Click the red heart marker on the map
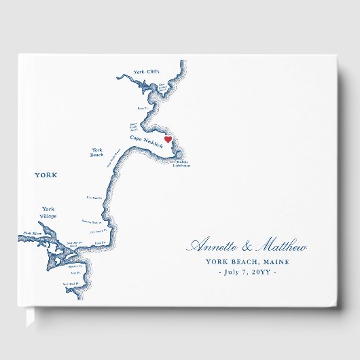pyautogui.click(x=168, y=140)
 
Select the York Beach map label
pyautogui.click(x=97, y=152)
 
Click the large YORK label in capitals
pyautogui.click(x=46, y=175)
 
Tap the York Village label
pyautogui.click(x=48, y=212)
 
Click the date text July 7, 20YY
pyautogui.click(x=247, y=273)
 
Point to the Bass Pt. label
pyautogui.click(x=142, y=108)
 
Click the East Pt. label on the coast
pyautogui.click(x=98, y=242)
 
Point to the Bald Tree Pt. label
pyautogui.click(x=92, y=198)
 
